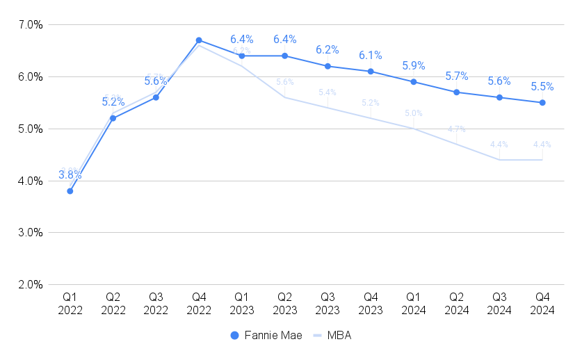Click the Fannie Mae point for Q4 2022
(x=199, y=40)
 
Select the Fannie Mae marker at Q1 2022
(x=70, y=191)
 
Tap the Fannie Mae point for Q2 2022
(x=113, y=118)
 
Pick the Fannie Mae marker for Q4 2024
(x=542, y=103)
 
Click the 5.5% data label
(x=542, y=87)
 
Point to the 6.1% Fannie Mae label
(x=371, y=56)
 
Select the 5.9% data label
(x=414, y=66)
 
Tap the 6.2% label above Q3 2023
(x=328, y=50)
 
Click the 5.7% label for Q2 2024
(x=457, y=76)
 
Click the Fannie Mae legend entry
(x=266, y=335)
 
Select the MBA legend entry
(x=332, y=335)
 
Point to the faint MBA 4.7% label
(x=457, y=129)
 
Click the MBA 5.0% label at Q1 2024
(x=414, y=113)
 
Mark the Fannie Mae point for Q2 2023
(x=285, y=56)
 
